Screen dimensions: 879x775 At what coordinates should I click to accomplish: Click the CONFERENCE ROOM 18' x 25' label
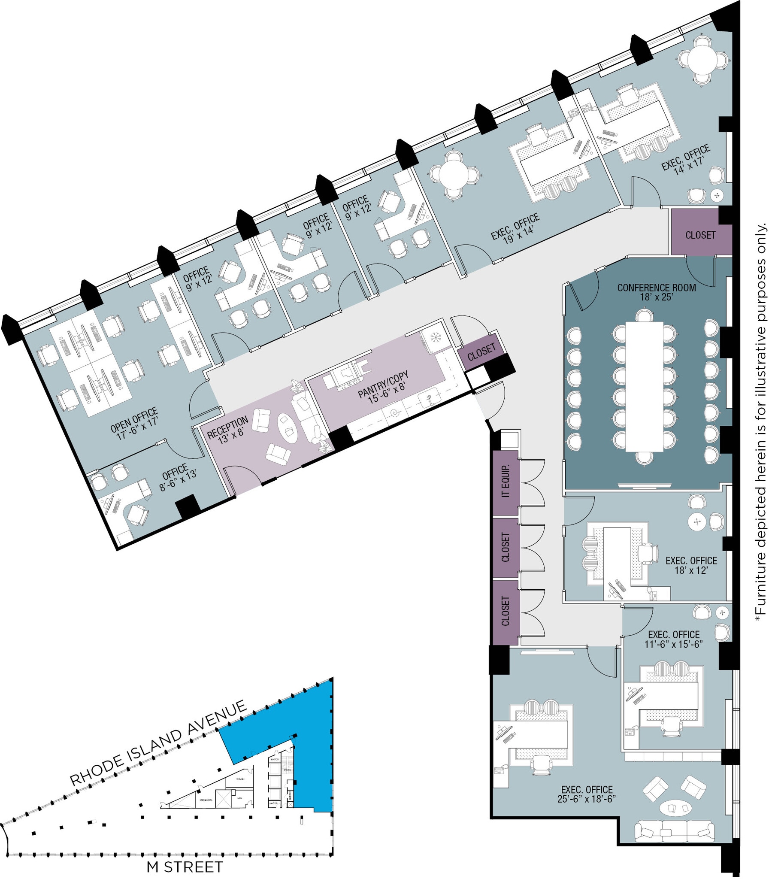pyautogui.click(x=656, y=292)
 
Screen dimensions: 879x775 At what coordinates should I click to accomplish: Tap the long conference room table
pyautogui.click(x=644, y=386)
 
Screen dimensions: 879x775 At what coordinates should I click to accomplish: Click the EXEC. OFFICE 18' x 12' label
pyautogui.click(x=691, y=565)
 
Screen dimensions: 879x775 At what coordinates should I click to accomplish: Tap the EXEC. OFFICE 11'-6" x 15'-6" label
pyautogui.click(x=673, y=639)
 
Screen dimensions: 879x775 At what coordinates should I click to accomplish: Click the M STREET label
pyautogui.click(x=185, y=867)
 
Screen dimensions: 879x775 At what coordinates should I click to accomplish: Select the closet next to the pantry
pyautogui.click(x=481, y=352)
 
